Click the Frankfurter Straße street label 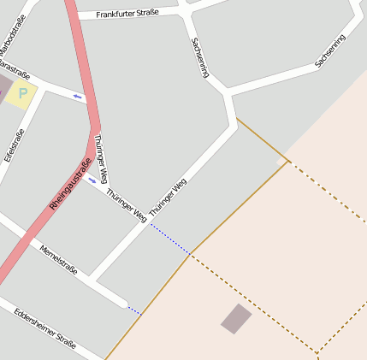click(x=127, y=14)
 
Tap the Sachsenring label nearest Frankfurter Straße click(x=199, y=57)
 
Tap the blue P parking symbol click(x=23, y=92)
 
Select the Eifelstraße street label click(x=15, y=145)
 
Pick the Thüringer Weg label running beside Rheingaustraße click(x=101, y=160)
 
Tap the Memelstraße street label click(x=58, y=259)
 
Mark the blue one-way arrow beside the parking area click(x=78, y=96)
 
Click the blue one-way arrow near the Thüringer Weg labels click(x=92, y=180)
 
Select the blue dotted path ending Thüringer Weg click(x=170, y=239)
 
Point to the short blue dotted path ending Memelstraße click(x=133, y=310)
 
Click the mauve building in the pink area click(x=236, y=319)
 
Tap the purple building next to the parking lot click(x=4, y=86)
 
